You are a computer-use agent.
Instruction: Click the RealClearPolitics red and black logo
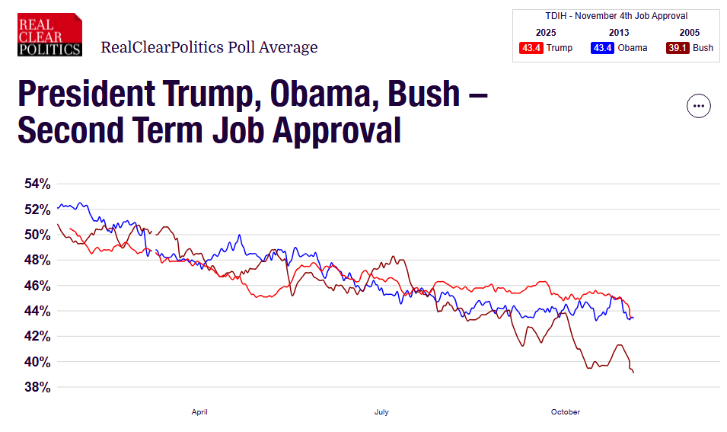(49, 34)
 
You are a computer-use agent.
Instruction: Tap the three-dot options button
(698, 106)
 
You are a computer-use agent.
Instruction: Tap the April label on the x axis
(199, 412)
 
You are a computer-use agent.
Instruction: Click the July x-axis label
(381, 412)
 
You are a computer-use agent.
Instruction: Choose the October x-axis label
(565, 412)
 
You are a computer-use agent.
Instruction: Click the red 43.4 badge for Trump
(531, 48)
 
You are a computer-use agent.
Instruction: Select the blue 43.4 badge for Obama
(603, 48)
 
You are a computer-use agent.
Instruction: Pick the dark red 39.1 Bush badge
(677, 48)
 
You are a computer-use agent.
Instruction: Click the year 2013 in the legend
(619, 33)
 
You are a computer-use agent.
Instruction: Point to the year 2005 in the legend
(690, 33)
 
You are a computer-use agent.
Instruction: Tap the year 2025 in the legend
(546, 33)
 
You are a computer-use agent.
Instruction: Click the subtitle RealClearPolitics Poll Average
(209, 47)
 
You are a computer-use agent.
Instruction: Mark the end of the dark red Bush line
(633, 372)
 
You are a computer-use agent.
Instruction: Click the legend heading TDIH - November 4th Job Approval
(616, 16)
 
